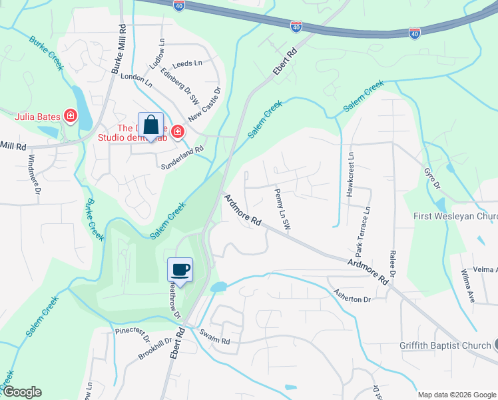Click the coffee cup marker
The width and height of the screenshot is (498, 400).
click(x=180, y=269)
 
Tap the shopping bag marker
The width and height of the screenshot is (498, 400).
click(x=151, y=124)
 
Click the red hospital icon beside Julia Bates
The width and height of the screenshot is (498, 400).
click(x=70, y=117)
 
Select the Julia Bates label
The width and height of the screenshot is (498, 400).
click(x=37, y=117)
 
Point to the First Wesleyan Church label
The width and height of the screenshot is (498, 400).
click(x=455, y=216)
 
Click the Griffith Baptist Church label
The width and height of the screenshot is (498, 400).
click(x=445, y=345)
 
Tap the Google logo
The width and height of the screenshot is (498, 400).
click(x=22, y=392)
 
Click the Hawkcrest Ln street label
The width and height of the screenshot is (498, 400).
click(x=349, y=174)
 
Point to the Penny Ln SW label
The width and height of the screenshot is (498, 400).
click(x=282, y=210)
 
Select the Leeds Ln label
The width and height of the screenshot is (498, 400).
click(x=186, y=63)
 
